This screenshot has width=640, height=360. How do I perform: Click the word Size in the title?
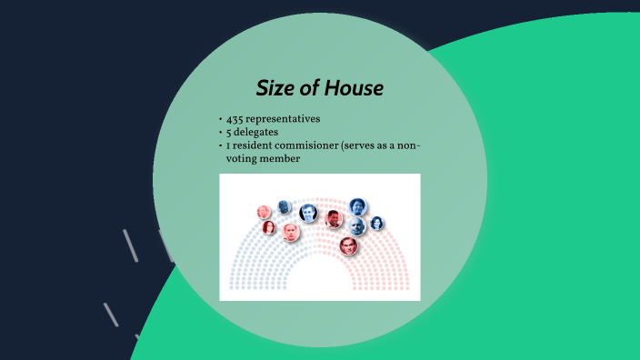point(275,88)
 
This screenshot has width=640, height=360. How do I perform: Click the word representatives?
point(287,120)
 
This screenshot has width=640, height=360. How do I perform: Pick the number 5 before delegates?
point(230,133)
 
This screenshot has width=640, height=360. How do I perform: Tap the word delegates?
point(257,133)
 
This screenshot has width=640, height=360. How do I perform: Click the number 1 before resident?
point(229,145)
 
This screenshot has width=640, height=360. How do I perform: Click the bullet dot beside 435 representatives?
point(221,120)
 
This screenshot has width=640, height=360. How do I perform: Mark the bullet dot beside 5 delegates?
point(221,133)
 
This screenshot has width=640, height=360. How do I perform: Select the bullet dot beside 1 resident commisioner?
point(221,145)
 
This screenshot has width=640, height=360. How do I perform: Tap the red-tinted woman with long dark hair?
point(269,226)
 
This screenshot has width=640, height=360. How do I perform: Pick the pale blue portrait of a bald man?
point(356,225)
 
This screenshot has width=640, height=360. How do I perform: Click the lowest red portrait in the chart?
point(349,245)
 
